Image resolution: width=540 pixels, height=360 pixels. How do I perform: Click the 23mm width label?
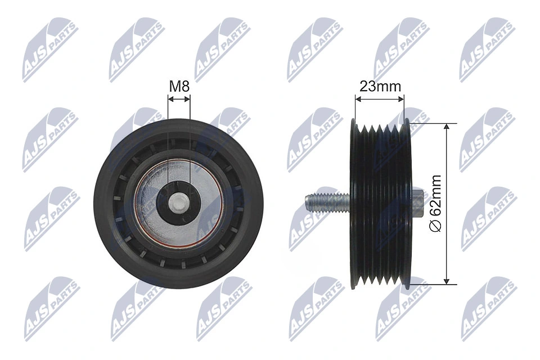coord(380,86)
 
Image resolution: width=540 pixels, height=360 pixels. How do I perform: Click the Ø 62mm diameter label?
coord(435,202)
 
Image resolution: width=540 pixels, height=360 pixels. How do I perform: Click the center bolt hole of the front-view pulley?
coord(179,201)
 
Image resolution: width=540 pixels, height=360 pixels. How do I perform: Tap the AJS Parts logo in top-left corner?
coord(50,49)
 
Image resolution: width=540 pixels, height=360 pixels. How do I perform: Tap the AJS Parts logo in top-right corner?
coord(487,49)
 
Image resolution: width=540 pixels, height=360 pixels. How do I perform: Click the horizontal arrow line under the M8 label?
coord(179,99)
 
